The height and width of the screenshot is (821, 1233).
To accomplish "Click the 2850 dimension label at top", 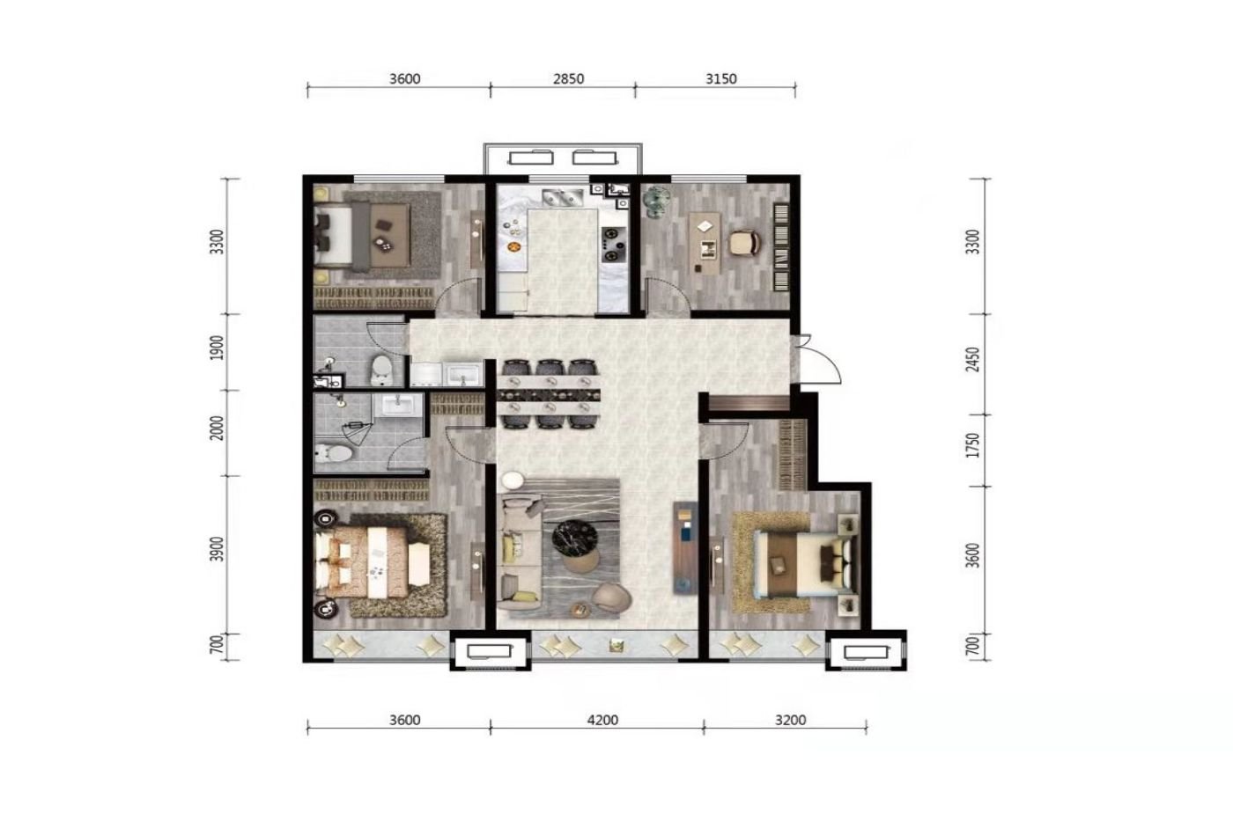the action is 568,78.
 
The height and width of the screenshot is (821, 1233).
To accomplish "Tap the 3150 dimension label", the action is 720,78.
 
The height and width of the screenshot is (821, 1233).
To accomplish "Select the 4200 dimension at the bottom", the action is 602,720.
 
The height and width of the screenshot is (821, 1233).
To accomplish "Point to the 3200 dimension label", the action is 791,720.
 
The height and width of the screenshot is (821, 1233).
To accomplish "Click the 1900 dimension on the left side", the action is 218,348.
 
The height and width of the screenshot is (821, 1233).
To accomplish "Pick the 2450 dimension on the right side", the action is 973,359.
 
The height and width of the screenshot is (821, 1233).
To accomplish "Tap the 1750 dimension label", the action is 973,445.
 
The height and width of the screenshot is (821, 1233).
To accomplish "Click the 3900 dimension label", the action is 218,549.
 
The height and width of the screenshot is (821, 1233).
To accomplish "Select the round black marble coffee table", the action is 574,536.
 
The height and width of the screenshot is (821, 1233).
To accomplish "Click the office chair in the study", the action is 745,242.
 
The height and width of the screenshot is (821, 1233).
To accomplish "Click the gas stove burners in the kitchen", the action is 614,244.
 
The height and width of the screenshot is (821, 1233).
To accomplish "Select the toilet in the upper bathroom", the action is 380,370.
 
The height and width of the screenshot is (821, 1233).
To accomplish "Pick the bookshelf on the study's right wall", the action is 782,247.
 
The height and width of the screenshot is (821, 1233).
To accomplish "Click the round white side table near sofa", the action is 512,480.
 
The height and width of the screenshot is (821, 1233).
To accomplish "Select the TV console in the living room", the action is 685,547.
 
